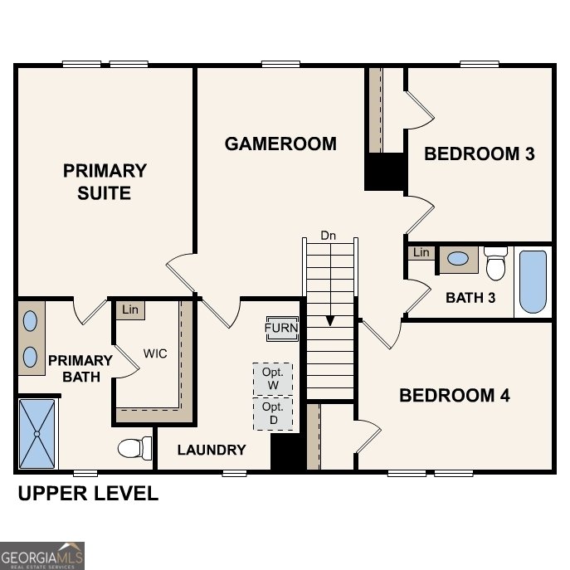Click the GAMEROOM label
[280, 144]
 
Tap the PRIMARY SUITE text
[105, 182]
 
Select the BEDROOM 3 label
[479, 153]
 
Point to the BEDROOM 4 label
[454, 395]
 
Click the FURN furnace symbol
[281, 328]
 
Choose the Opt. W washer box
[273, 378]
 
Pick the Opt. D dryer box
[273, 413]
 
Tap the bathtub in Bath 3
[532, 281]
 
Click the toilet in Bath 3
[496, 264]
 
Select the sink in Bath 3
[457, 259]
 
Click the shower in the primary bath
[37, 433]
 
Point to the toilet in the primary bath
[134, 449]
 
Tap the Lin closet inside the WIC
[129, 309]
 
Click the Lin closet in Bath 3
[421, 252]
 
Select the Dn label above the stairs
[329, 236]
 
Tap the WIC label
[155, 353]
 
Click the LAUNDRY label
[212, 450]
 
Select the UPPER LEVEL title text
[88, 494]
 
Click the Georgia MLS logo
[42, 555]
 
